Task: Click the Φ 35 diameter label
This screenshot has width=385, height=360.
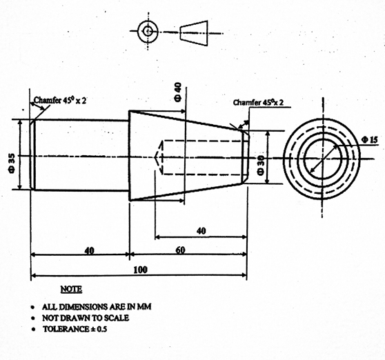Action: click(x=12, y=163)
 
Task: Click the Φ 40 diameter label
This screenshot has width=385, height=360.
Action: click(x=178, y=92)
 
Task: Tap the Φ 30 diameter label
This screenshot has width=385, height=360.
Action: click(x=261, y=165)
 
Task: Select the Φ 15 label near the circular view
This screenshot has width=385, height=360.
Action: click(x=370, y=140)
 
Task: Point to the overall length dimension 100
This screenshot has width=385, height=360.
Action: click(x=141, y=270)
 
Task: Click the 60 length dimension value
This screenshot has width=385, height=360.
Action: click(x=180, y=250)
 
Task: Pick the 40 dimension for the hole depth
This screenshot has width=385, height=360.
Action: click(x=201, y=231)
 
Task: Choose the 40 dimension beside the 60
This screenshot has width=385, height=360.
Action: click(x=89, y=251)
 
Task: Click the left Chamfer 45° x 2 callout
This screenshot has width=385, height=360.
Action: click(x=60, y=100)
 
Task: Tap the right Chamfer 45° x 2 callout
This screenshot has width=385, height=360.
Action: click(x=258, y=102)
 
